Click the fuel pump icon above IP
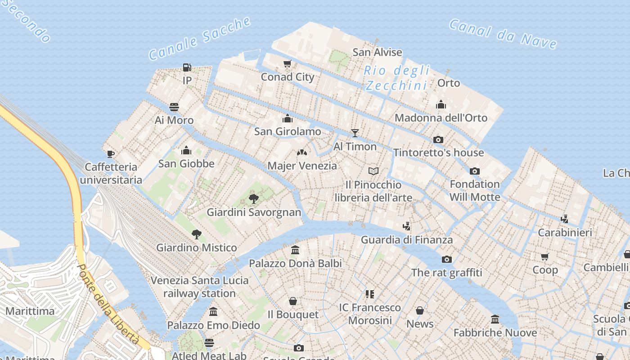(x=187, y=67)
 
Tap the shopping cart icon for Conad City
(x=287, y=63)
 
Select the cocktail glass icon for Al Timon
(x=355, y=133)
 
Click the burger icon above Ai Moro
(x=174, y=107)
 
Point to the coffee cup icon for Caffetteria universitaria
(x=110, y=154)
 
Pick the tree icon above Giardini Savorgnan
(x=254, y=198)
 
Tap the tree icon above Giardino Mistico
(x=196, y=234)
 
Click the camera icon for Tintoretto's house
(x=438, y=139)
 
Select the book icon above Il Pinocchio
(x=373, y=171)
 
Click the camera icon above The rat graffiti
(x=446, y=259)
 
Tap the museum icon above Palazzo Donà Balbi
(x=295, y=250)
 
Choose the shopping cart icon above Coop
(x=545, y=256)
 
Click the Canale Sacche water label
(x=200, y=39)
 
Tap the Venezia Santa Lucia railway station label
(x=199, y=287)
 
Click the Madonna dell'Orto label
(x=441, y=118)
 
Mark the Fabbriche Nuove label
(x=495, y=333)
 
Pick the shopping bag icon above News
(x=420, y=310)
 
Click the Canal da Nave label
(x=503, y=34)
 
